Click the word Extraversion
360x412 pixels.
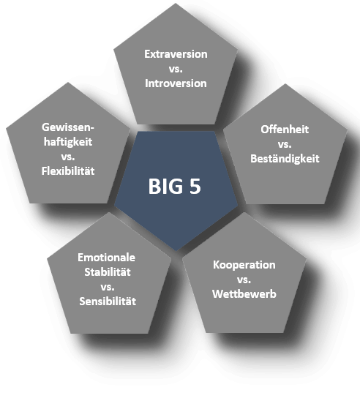click(176, 54)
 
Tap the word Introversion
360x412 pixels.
click(176, 83)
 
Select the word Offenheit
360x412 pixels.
click(285, 130)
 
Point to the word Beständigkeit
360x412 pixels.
click(285, 159)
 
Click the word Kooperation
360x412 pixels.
click(244, 265)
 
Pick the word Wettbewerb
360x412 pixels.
click(244, 294)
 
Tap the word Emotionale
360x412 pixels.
click(106, 258)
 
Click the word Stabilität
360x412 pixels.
click(108, 272)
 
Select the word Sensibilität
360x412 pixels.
click(108, 301)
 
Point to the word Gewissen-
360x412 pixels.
click(68, 127)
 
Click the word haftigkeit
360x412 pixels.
click(68, 142)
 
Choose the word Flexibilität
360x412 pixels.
click(68, 171)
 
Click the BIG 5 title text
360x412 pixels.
click(175, 187)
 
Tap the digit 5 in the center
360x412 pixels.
click(195, 187)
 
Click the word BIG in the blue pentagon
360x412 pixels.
click(165, 187)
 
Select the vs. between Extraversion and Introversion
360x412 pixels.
click(176, 70)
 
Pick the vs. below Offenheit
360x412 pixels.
click(285, 144)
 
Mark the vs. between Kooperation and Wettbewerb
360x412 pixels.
click(244, 280)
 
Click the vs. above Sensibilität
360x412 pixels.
click(108, 287)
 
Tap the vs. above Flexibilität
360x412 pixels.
click(68, 157)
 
